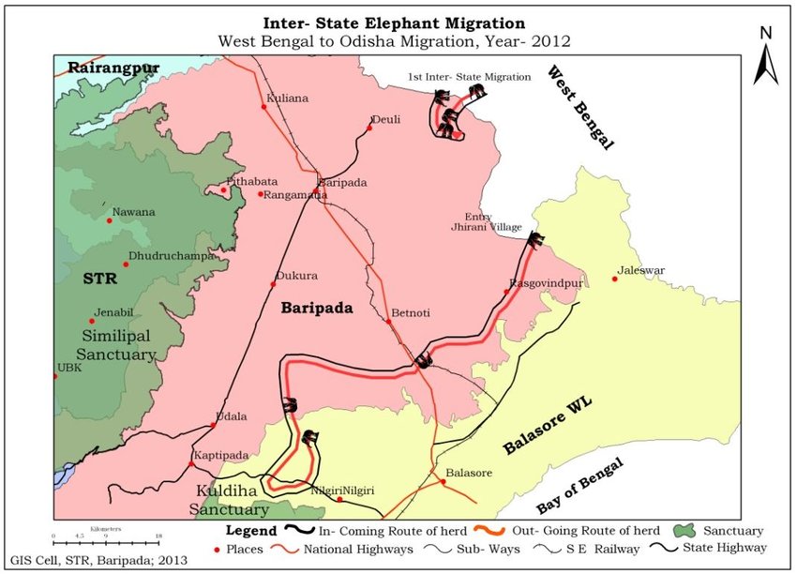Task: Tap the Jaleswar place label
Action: pyautogui.click(x=642, y=271)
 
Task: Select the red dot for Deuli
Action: pyautogui.click(x=369, y=128)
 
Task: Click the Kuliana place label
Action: pyautogui.click(x=288, y=98)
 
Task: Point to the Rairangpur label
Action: pyautogui.click(x=113, y=68)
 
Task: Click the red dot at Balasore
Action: pyautogui.click(x=443, y=483)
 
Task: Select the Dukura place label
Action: pyautogui.click(x=297, y=276)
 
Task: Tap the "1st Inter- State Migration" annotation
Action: pyautogui.click(x=469, y=76)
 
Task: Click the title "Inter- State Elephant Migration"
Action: pyautogui.click(x=394, y=23)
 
